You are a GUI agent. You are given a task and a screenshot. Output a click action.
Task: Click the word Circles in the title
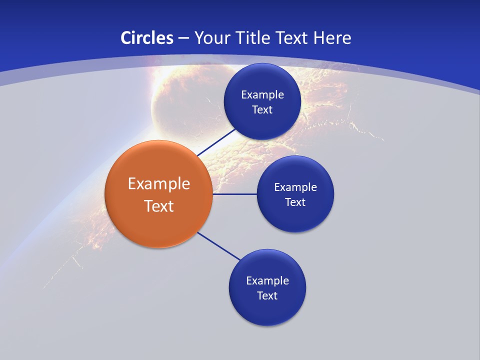coord(146,38)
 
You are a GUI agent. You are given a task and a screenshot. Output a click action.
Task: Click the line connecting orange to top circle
coord(216,142)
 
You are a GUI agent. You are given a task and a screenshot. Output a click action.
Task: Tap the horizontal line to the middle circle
coord(234,194)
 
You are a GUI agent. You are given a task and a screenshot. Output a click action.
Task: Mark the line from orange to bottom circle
coord(218,246)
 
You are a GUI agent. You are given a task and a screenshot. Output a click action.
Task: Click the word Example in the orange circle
coord(159,183)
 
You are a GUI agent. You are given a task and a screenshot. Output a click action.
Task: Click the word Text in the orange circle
coord(159,206)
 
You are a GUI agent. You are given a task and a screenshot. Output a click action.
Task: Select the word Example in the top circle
coord(262,94)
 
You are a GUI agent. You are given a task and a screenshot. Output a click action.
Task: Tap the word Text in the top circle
coord(262,109)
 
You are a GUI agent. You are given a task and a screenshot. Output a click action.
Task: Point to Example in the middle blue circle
coord(295,187)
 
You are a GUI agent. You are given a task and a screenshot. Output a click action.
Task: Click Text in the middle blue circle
coord(295,202)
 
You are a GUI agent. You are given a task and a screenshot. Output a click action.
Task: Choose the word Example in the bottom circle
coord(267,280)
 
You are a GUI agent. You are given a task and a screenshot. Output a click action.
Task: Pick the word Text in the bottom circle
coord(267,295)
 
